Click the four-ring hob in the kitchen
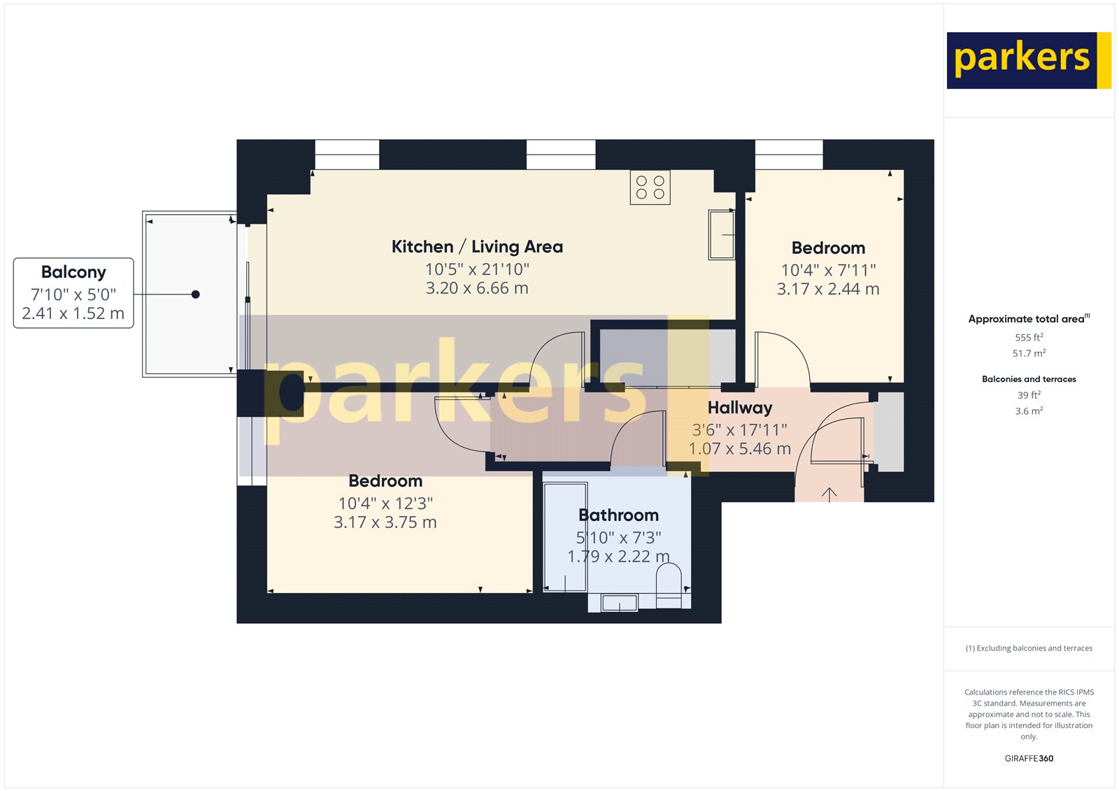click(x=650, y=187)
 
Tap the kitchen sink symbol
click(x=721, y=235)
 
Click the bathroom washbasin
click(x=620, y=602)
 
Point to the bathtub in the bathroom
click(x=565, y=536)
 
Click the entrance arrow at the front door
click(x=829, y=494)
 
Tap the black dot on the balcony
click(x=196, y=294)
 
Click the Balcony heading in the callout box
click(x=73, y=272)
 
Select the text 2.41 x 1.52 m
click(x=73, y=313)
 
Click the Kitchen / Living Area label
click(x=477, y=247)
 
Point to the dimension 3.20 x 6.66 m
click(x=477, y=288)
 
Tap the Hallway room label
click(x=740, y=408)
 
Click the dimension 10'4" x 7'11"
click(x=828, y=270)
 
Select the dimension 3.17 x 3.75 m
click(x=385, y=522)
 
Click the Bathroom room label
click(x=618, y=515)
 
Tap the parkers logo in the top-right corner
click(x=1028, y=60)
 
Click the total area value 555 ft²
click(x=1029, y=337)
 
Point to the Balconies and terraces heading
click(x=1029, y=379)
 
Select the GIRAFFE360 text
click(x=1029, y=758)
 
